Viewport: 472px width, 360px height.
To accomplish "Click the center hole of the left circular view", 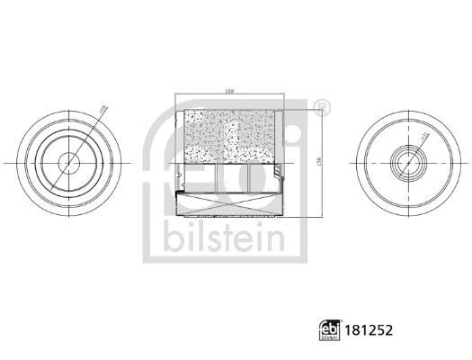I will pos(69,162).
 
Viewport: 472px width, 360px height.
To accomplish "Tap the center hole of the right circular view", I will pos(404,162).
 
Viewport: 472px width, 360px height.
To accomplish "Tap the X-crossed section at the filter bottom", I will pos(231,205).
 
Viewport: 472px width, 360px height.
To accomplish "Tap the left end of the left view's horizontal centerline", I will pos(7,162).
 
